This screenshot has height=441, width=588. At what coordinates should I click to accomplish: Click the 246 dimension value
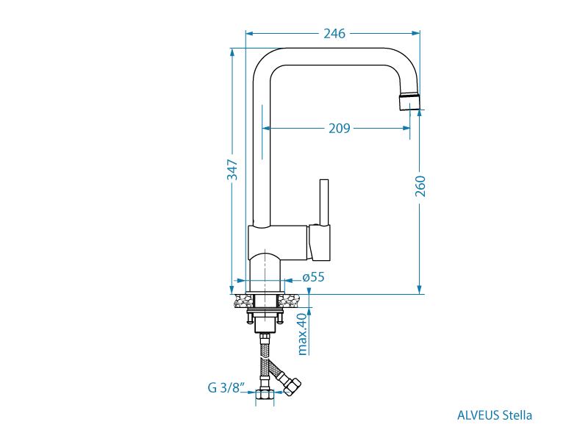pyautogui.click(x=334, y=33)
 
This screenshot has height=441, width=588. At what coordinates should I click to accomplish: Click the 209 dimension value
pyautogui.click(x=339, y=128)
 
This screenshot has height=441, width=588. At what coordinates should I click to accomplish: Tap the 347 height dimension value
pyautogui.click(x=232, y=170)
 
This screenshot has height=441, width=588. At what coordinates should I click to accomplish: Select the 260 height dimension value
pyautogui.click(x=420, y=187)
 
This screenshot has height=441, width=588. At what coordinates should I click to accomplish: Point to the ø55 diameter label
pyautogui.click(x=314, y=278)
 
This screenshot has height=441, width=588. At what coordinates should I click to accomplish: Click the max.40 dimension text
pyautogui.click(x=302, y=333)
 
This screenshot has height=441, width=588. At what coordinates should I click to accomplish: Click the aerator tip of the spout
pyautogui.click(x=410, y=101)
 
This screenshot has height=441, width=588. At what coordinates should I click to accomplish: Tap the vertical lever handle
pyautogui.click(x=323, y=202)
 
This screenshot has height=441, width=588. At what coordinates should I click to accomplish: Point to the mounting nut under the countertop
pyautogui.click(x=265, y=315)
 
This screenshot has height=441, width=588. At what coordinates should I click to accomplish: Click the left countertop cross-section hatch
pyautogui.click(x=243, y=301)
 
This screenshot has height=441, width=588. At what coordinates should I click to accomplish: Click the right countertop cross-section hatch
pyautogui.click(x=289, y=301)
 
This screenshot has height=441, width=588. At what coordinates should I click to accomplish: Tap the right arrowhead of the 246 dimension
pyautogui.click(x=416, y=33)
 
